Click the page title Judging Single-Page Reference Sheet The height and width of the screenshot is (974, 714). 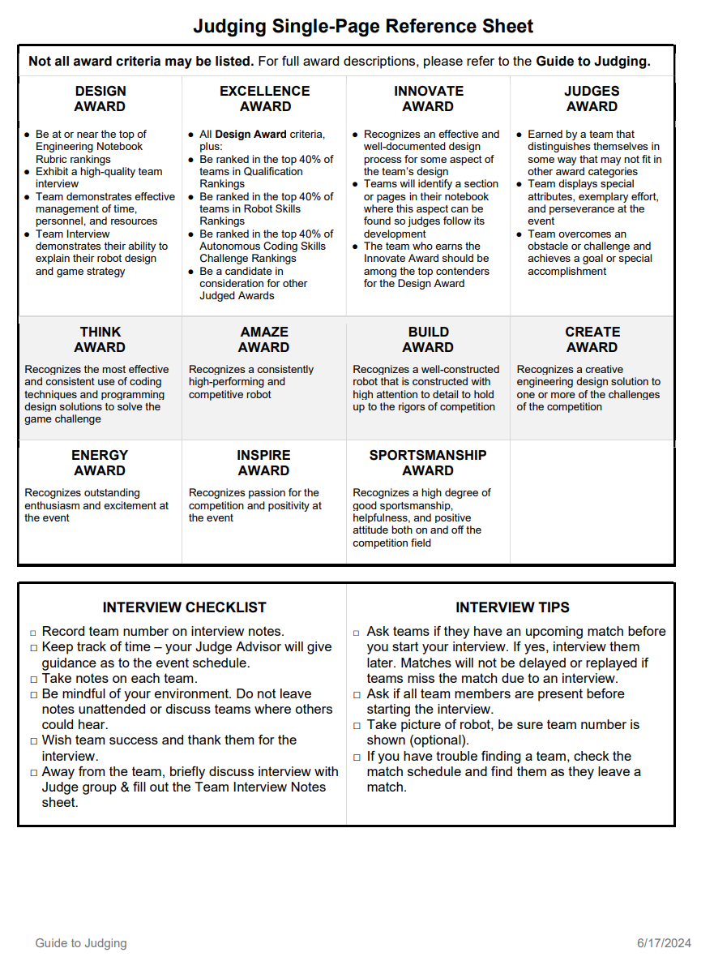363,26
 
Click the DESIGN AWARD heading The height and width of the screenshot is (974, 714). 100,99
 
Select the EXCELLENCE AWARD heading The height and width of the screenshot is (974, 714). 265,99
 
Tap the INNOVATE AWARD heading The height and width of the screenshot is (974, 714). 429,99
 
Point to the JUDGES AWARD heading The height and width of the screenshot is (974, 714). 592,99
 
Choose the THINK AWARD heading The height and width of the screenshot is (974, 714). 100,340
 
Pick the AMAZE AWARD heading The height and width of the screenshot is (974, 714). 264,340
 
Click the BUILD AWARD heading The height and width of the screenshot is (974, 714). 428,340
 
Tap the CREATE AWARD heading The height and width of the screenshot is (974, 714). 592,340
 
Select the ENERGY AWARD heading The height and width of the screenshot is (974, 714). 100,463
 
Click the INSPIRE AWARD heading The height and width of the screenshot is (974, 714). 264,463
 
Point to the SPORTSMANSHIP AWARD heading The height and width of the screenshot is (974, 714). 428,463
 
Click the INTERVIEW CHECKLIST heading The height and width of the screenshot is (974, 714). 184,607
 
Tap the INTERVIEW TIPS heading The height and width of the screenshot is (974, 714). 512,607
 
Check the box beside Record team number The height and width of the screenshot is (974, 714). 33,633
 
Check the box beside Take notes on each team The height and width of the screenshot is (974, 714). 33,680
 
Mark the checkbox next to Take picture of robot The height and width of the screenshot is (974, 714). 358,726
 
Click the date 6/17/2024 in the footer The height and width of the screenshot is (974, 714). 664,943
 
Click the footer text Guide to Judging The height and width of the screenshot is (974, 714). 81,943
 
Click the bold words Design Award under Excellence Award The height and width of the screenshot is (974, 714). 250,135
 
